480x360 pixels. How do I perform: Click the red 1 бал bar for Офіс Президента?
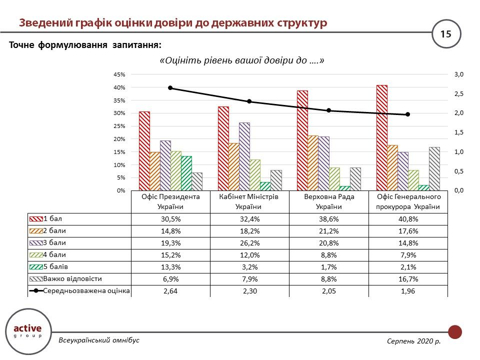click(x=144, y=151)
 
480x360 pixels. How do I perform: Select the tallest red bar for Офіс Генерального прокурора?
click(x=381, y=138)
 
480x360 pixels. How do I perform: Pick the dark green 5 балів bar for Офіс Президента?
click(x=186, y=173)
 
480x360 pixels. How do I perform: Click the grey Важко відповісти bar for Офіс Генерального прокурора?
click(x=434, y=169)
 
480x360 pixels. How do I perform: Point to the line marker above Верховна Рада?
click(x=328, y=110)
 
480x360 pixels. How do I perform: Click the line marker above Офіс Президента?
click(x=170, y=88)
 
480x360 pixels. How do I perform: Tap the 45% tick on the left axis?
click(x=119, y=74)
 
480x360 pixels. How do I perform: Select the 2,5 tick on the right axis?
click(x=459, y=94)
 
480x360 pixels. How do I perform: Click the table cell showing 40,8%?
click(x=407, y=219)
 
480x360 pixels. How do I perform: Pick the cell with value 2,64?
click(x=170, y=291)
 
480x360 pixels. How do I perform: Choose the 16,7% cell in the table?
click(x=407, y=279)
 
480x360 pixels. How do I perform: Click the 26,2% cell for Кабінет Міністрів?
click(x=249, y=243)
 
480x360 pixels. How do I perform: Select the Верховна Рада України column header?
click(x=328, y=201)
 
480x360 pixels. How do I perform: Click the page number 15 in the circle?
click(x=445, y=34)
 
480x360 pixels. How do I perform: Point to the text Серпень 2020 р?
click(x=413, y=340)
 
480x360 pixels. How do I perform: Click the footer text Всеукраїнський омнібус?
click(x=99, y=340)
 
